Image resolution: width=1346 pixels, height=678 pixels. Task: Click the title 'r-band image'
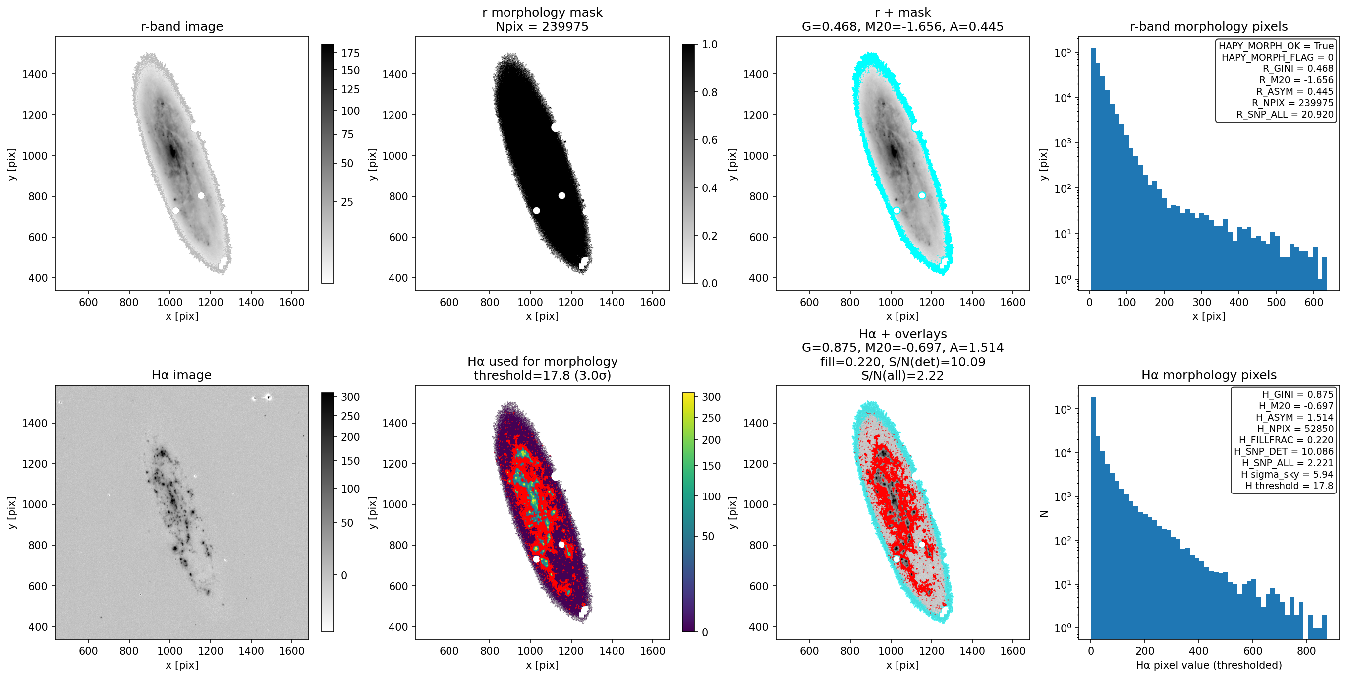point(182,26)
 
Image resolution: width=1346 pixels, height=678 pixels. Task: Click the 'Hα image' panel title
point(182,375)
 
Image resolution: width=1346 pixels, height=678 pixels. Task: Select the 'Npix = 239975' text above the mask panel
point(542,26)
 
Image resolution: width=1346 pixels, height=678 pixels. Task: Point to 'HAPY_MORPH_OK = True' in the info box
point(1276,46)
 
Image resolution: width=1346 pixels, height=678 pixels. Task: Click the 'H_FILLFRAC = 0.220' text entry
point(1286,440)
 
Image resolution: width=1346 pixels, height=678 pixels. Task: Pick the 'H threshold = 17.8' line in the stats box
point(1289,486)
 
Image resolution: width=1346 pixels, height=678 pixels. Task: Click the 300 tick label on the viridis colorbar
point(711,397)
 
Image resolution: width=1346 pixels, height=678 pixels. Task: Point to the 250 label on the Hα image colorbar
point(350,416)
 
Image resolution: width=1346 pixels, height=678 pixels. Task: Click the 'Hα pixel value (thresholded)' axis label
point(1209,665)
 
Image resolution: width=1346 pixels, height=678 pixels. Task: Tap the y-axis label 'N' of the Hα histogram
point(1044,513)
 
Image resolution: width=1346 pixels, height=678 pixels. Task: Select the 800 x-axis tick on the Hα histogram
point(1306,651)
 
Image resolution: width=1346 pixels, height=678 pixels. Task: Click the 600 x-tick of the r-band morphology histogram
point(1314,302)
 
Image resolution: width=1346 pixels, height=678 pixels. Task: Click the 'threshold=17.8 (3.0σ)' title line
point(542,375)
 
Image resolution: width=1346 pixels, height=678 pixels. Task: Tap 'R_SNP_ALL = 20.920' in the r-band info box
point(1285,114)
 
